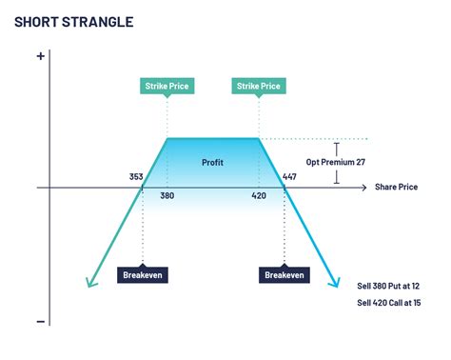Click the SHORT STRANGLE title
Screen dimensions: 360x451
coord(73,21)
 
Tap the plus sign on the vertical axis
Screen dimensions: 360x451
coord(40,56)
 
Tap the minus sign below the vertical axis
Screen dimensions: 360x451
coord(40,321)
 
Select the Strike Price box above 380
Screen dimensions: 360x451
coord(167,87)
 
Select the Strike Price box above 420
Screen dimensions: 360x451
coord(259,87)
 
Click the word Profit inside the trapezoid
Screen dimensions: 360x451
coord(213,162)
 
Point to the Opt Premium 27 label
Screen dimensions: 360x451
coord(336,162)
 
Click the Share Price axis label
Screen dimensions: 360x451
coord(397,187)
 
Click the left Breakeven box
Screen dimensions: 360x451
coord(142,274)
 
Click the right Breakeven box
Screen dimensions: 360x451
coord(284,274)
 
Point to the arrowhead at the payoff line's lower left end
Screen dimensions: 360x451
coord(89,283)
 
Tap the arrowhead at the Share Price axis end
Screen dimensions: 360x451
coord(365,188)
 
